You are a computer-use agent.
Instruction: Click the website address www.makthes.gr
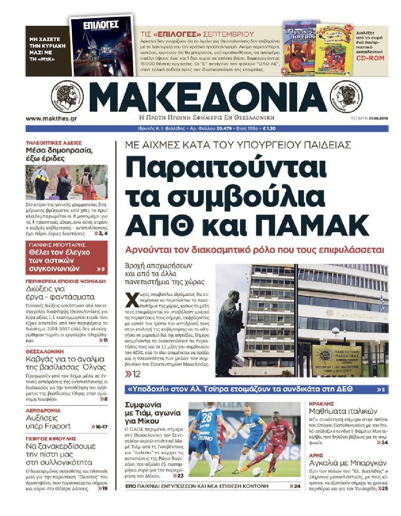51,119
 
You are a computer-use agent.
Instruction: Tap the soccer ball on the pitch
257,472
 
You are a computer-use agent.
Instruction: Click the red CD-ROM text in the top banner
370,58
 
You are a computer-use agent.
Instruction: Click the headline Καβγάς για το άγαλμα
65,359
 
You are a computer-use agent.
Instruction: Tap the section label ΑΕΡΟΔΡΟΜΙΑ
43,410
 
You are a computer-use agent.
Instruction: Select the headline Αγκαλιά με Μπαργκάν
347,463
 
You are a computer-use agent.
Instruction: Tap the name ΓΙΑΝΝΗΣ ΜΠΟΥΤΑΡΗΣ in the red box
57,245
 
